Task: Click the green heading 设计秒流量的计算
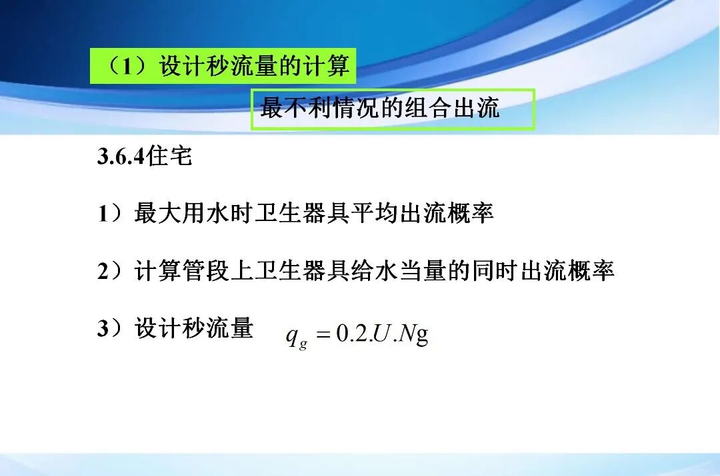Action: point(254,67)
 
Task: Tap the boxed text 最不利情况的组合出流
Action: point(380,108)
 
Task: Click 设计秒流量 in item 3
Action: point(194,329)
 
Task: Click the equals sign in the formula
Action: point(323,335)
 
